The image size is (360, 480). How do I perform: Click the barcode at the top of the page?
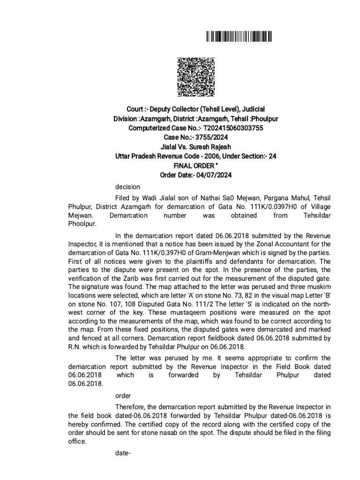pos(239,37)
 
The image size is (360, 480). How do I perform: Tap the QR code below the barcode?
pos(195,76)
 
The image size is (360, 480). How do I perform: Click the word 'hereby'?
pos(78,425)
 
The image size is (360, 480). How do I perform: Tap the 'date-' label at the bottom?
pos(123,454)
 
